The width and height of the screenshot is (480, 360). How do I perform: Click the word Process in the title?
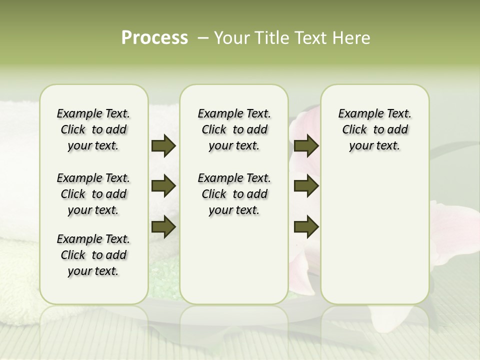(x=154, y=38)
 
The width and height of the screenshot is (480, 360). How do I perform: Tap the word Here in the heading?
(x=350, y=38)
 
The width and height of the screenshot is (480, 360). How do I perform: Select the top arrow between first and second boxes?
(x=163, y=146)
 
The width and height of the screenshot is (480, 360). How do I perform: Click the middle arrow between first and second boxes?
(x=163, y=186)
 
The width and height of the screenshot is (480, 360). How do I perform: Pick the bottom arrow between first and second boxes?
(x=163, y=226)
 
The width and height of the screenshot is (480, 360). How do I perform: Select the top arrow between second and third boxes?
(x=306, y=146)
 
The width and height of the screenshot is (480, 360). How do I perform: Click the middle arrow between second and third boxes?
(x=306, y=186)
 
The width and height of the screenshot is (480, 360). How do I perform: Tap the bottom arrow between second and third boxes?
(x=306, y=226)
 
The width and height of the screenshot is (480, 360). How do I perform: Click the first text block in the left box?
(x=93, y=129)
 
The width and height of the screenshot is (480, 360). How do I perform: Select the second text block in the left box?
(x=93, y=194)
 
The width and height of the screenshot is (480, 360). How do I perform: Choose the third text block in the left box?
(x=93, y=255)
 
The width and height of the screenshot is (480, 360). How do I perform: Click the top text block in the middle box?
(x=234, y=129)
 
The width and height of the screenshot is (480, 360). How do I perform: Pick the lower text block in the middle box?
(x=234, y=194)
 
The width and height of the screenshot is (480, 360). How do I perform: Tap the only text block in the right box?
(x=374, y=129)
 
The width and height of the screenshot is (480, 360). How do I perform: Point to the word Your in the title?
(x=232, y=38)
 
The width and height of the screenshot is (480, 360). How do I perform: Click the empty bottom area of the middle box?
(x=234, y=265)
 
